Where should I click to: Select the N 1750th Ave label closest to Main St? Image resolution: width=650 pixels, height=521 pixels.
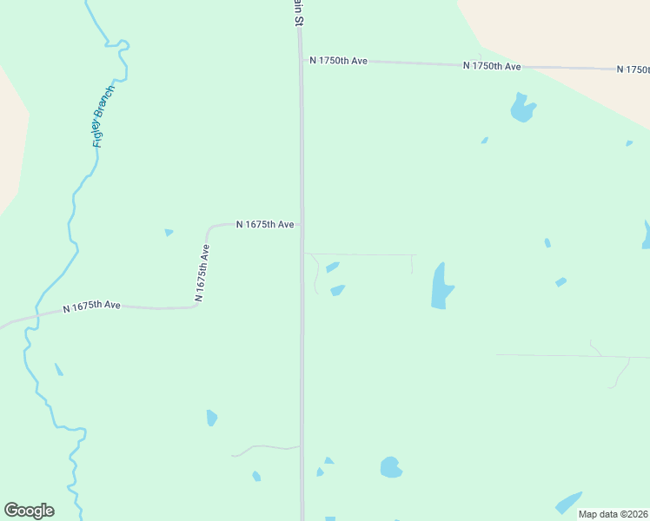click(x=339, y=61)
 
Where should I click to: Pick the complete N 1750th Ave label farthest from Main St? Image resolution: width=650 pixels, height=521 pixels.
click(x=492, y=66)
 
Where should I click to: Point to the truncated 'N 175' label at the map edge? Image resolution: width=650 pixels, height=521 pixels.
click(x=633, y=69)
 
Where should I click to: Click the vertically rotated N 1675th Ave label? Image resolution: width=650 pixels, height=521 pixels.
click(x=202, y=273)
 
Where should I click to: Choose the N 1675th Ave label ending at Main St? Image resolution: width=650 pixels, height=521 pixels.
click(x=265, y=224)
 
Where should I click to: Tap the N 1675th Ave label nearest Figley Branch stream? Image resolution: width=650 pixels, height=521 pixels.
click(x=91, y=306)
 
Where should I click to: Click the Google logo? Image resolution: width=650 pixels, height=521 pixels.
click(x=29, y=511)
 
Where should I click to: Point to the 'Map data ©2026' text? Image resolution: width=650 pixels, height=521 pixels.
click(x=613, y=514)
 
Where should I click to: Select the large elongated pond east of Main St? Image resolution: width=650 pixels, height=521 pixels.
click(x=441, y=287)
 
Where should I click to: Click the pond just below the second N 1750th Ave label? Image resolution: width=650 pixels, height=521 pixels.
click(x=521, y=108)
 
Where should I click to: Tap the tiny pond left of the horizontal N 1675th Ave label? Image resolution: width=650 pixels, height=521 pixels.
click(x=169, y=232)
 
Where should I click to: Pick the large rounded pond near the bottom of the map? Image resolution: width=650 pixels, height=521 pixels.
click(x=391, y=467)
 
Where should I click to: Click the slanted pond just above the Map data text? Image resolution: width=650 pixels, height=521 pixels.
click(x=569, y=503)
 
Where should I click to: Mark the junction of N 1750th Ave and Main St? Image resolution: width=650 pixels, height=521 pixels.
click(x=301, y=60)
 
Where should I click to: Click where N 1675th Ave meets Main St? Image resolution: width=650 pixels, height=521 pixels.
click(x=302, y=224)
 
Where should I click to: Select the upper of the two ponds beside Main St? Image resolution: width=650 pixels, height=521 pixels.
click(x=332, y=267)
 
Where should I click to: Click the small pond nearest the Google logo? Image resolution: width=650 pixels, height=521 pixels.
click(x=58, y=369)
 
